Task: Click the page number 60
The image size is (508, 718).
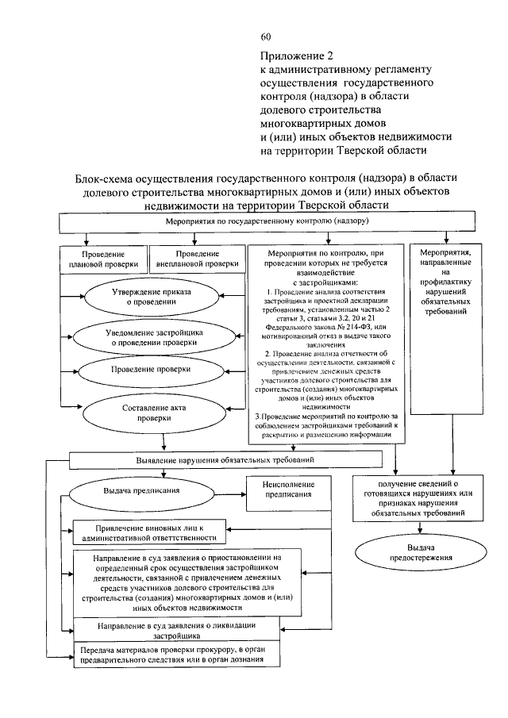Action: click(266, 37)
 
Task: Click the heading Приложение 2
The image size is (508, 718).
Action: click(294, 56)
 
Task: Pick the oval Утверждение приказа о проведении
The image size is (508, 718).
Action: click(143, 298)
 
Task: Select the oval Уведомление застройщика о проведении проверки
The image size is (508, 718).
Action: click(143, 336)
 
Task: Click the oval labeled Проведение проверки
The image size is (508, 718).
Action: click(143, 370)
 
